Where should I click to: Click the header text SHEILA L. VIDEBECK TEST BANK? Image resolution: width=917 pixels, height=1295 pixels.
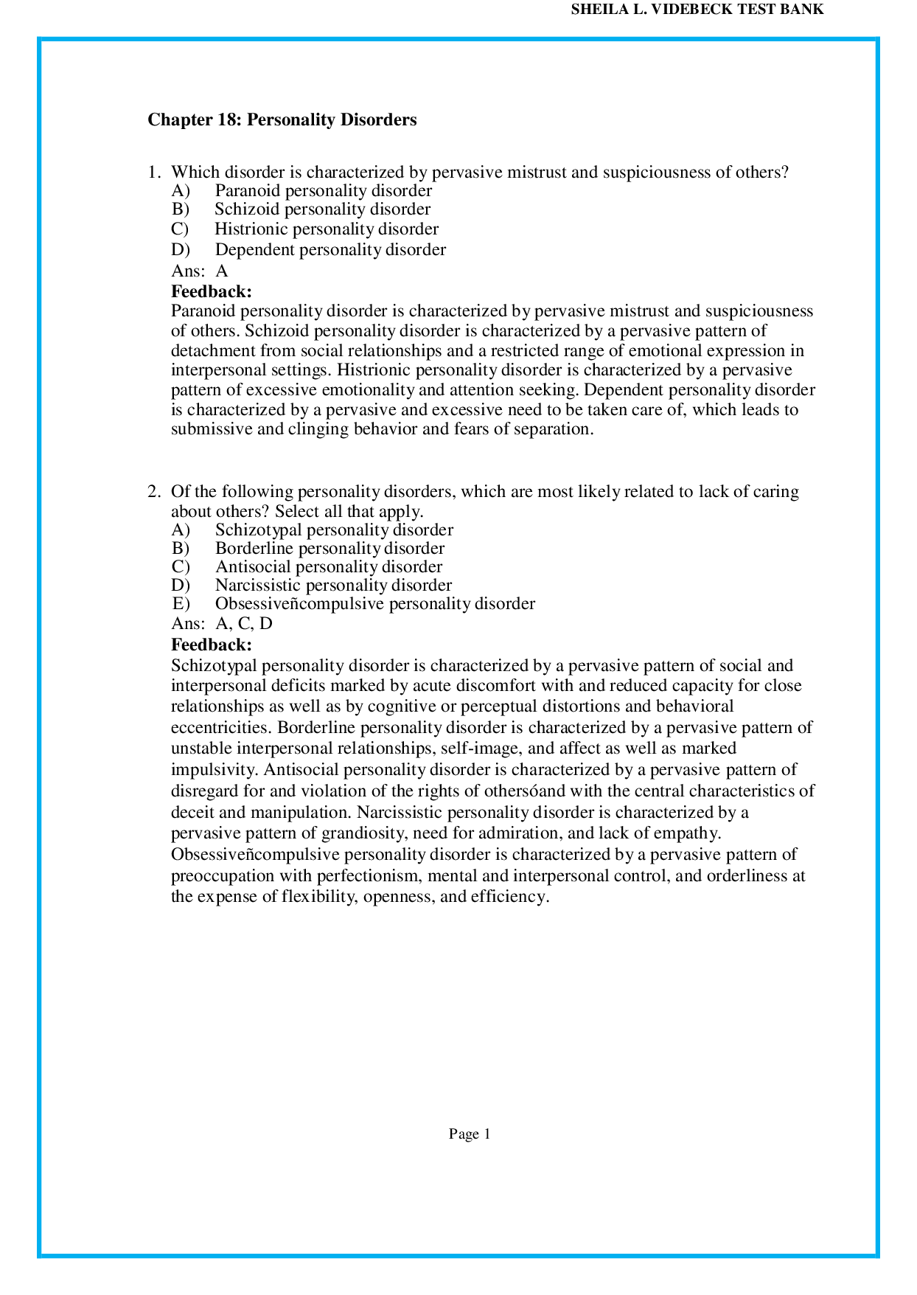(x=697, y=10)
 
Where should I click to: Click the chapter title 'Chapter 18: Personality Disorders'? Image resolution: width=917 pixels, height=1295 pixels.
(x=282, y=119)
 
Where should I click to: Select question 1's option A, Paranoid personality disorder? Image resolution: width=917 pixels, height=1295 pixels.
(x=323, y=191)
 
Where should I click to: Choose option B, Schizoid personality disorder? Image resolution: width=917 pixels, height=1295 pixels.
(x=322, y=209)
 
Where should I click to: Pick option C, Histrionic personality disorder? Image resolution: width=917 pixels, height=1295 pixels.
(x=326, y=229)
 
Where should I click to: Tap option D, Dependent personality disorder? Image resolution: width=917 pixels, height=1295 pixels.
(x=330, y=250)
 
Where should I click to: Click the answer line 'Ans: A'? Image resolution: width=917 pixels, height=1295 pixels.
(x=200, y=271)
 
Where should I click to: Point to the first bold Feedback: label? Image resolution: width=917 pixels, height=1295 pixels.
(x=212, y=291)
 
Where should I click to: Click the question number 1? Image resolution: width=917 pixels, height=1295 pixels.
(x=153, y=173)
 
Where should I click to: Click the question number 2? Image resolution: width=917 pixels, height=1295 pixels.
(x=153, y=492)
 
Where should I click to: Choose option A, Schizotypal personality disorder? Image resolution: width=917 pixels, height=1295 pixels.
(x=333, y=530)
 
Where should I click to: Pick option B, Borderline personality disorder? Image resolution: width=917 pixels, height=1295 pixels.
(x=330, y=549)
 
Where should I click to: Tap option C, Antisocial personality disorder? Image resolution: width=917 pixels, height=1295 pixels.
(x=328, y=567)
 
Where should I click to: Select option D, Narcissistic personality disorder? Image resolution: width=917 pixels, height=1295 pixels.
(x=332, y=586)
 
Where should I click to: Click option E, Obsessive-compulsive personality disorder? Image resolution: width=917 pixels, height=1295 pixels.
(x=374, y=604)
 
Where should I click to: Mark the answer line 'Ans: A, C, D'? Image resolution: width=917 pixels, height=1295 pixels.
(x=222, y=624)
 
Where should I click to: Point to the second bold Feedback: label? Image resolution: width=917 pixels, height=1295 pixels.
(x=212, y=645)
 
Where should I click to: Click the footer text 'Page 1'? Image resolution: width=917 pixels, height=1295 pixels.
(x=470, y=1134)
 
